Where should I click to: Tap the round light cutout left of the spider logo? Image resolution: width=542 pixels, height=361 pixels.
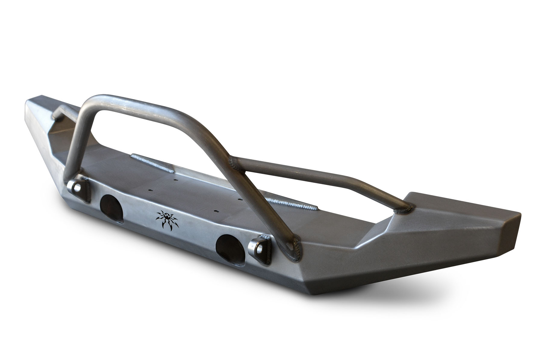coord(111,204)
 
